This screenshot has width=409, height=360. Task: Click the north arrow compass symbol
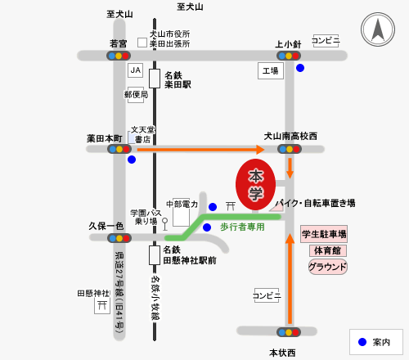point(378,29)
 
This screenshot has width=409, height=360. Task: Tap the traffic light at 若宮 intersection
point(119,56)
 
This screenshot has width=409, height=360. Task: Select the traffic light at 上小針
point(289,56)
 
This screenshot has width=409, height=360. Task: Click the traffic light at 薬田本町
point(119,149)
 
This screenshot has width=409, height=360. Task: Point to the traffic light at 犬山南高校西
point(290,149)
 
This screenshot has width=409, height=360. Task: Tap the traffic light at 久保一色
point(119,238)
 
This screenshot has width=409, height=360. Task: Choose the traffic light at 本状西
point(289,332)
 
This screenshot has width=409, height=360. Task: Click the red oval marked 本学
point(255,185)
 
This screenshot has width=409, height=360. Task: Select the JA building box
point(136,70)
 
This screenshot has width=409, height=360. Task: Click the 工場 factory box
point(271,71)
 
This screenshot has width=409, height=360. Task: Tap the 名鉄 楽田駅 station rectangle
point(155,79)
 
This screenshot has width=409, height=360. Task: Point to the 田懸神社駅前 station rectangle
point(155,255)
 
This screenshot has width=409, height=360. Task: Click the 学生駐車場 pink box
point(324,234)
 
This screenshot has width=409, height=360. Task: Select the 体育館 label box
point(328,250)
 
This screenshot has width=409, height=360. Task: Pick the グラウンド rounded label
point(328,267)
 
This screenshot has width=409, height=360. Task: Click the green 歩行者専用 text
point(242,227)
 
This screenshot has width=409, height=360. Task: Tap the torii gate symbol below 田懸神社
point(102,305)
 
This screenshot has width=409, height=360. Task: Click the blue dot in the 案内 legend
point(362,342)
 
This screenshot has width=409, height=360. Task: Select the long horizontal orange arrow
point(200,150)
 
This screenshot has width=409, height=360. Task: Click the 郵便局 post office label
point(136,95)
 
